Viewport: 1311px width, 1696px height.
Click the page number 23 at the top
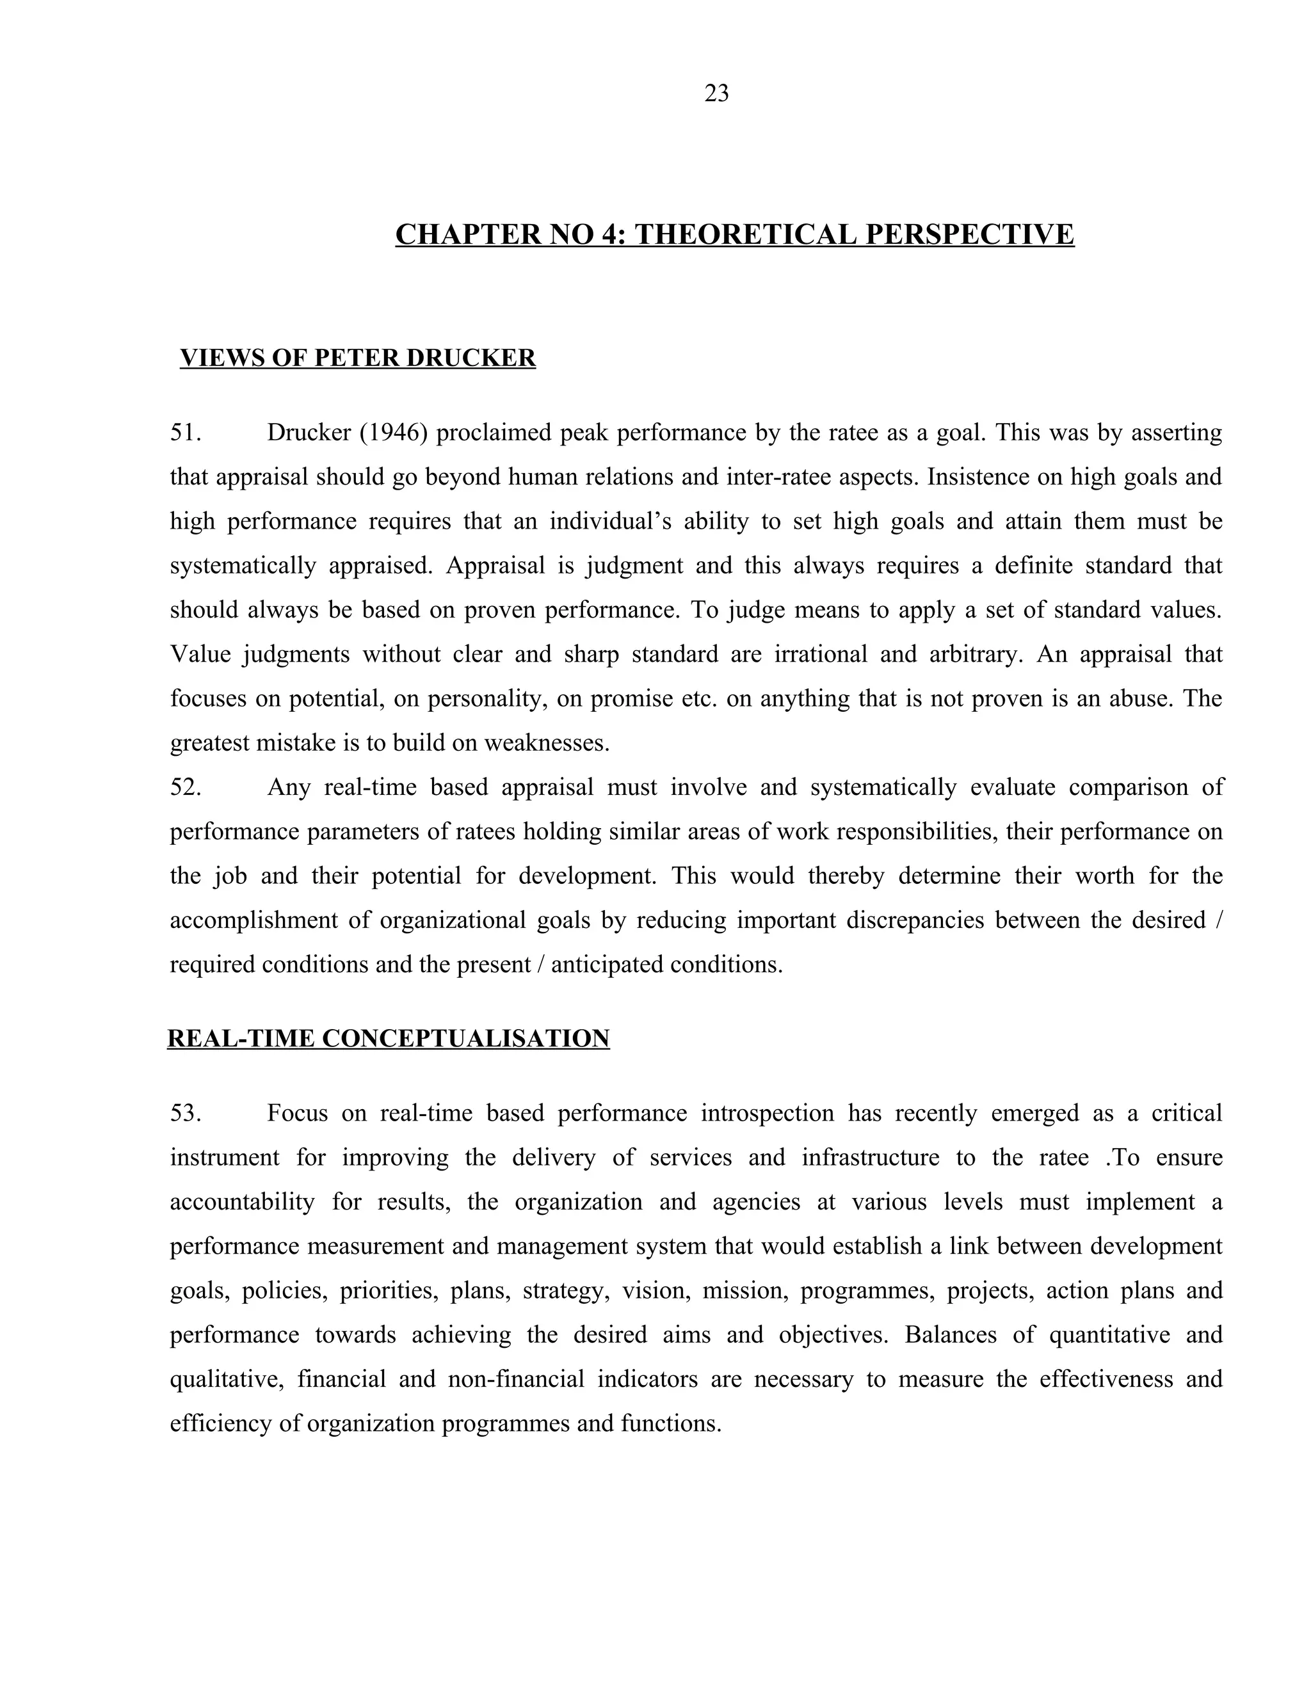click(x=716, y=94)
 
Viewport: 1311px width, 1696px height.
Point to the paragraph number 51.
click(x=186, y=433)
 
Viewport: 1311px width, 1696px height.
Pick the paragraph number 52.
click(x=186, y=787)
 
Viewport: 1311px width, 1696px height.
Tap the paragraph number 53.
click(x=186, y=1113)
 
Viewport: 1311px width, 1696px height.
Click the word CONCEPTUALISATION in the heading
click(x=465, y=1038)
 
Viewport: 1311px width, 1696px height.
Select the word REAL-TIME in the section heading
click(x=241, y=1038)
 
